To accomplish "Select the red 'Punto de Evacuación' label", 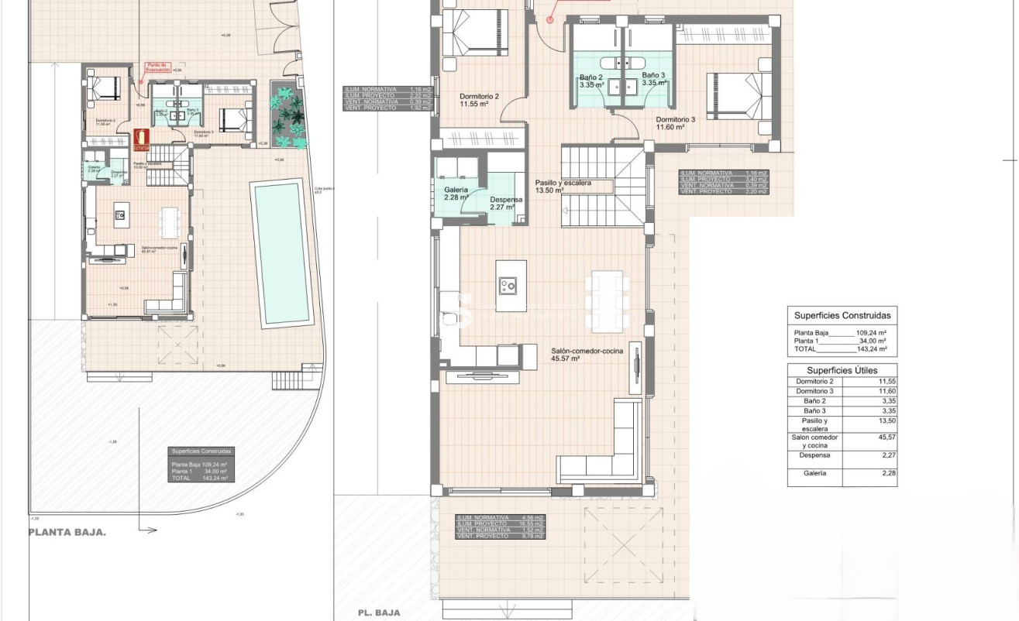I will pyautogui.click(x=158, y=67).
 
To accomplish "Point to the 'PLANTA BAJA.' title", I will pyautogui.click(x=67, y=533).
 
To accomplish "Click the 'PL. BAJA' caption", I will pyautogui.click(x=378, y=612).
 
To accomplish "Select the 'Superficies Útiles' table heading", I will pyautogui.click(x=842, y=370).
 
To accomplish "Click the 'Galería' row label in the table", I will pyautogui.click(x=814, y=472).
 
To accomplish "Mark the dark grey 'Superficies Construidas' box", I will pyautogui.click(x=201, y=465).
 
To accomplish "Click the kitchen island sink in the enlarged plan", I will pyautogui.click(x=511, y=286).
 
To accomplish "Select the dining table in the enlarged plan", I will pyautogui.click(x=608, y=300).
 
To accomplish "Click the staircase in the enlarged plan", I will pyautogui.click(x=603, y=186).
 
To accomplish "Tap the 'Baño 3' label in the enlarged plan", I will pyautogui.click(x=653, y=77).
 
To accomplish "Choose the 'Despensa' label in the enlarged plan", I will pyautogui.click(x=505, y=200).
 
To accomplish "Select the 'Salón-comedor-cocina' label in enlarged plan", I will pyautogui.click(x=587, y=352).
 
